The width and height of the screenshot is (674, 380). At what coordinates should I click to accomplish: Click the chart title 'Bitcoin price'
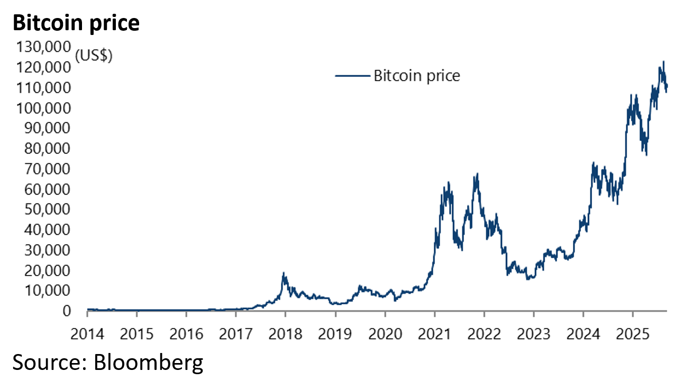(76, 23)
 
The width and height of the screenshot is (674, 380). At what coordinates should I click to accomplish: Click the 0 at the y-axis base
(66, 311)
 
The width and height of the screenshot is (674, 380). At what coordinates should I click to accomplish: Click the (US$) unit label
(94, 56)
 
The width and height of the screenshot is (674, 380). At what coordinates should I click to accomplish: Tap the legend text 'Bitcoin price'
(417, 76)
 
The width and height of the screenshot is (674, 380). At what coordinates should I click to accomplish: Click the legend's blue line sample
(352, 76)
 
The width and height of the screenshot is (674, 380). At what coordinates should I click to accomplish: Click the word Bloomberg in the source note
(149, 362)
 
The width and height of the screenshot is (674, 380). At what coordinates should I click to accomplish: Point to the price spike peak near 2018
(284, 273)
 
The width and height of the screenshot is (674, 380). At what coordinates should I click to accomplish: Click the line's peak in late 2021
(478, 174)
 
